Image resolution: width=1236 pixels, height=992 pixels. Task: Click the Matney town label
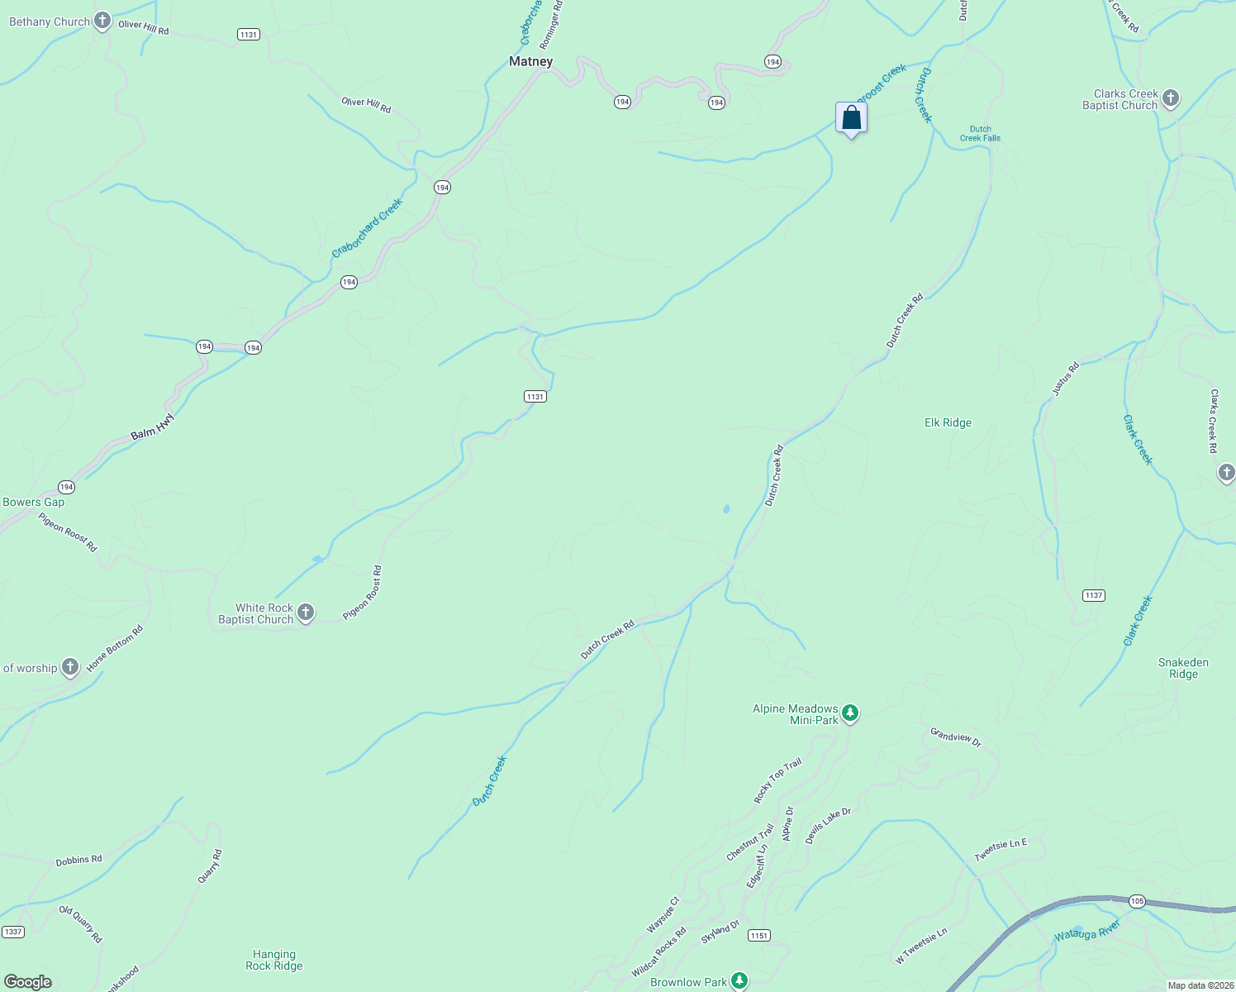click(530, 61)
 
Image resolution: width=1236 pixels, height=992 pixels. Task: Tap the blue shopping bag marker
click(851, 118)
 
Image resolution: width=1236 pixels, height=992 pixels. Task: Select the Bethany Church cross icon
click(102, 21)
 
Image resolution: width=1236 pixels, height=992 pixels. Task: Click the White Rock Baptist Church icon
click(306, 613)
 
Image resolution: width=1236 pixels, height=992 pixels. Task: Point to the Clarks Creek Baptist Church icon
click(1170, 99)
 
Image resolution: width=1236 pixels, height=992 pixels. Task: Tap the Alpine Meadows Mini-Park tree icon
click(850, 713)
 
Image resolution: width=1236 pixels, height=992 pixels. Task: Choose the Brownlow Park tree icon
click(739, 981)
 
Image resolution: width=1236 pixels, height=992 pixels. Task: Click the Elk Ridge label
click(948, 422)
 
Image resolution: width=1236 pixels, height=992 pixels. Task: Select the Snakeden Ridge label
click(1183, 668)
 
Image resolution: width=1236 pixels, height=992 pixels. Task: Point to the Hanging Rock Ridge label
click(274, 960)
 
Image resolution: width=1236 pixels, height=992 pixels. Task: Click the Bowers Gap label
click(33, 502)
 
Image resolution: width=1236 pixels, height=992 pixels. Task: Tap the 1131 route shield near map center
click(535, 397)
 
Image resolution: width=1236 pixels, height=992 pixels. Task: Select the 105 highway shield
click(1138, 901)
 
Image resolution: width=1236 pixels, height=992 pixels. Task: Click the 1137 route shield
click(1093, 595)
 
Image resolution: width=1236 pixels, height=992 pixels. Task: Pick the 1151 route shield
click(759, 935)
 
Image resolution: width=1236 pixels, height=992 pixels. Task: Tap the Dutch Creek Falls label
click(980, 133)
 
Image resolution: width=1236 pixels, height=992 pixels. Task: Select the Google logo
click(28, 982)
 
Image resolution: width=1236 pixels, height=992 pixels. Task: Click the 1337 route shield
click(12, 932)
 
